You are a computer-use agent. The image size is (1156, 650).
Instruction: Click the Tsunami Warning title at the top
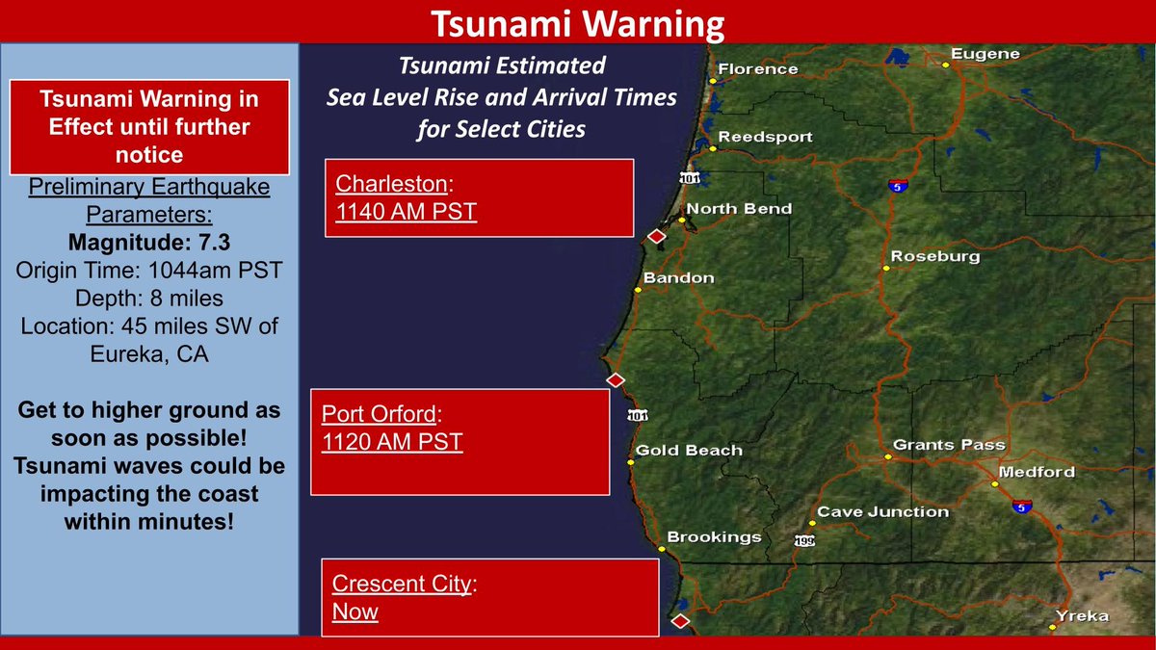pos(576,21)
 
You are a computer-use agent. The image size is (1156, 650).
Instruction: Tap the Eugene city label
pos(985,54)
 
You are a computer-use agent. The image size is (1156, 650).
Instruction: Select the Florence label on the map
pos(758,68)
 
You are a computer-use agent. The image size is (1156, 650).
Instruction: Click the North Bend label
pos(739,208)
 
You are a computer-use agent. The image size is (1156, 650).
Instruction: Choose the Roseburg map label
pos(934,256)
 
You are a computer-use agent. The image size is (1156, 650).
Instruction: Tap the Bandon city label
pos(678,278)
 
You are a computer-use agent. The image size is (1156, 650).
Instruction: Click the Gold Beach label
pos(689,450)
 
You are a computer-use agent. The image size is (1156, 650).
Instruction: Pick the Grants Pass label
pos(949,445)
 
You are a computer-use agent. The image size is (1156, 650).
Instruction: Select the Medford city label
pos(1037,472)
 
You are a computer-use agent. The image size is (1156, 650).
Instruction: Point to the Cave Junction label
pos(882,512)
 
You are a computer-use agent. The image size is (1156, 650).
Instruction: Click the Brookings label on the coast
pos(714,537)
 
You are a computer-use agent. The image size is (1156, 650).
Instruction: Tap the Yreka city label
pos(1082,615)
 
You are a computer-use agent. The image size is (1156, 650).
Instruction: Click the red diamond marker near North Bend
pos(656,236)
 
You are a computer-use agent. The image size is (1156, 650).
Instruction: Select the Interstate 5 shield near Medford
pos(1022,505)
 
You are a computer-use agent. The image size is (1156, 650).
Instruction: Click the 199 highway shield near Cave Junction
pos(804,541)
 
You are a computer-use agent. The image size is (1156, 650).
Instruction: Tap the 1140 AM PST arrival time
pos(407,211)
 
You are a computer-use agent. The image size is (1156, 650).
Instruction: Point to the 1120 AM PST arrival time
pos(392,442)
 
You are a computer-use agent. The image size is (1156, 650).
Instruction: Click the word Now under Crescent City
pos(355,611)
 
